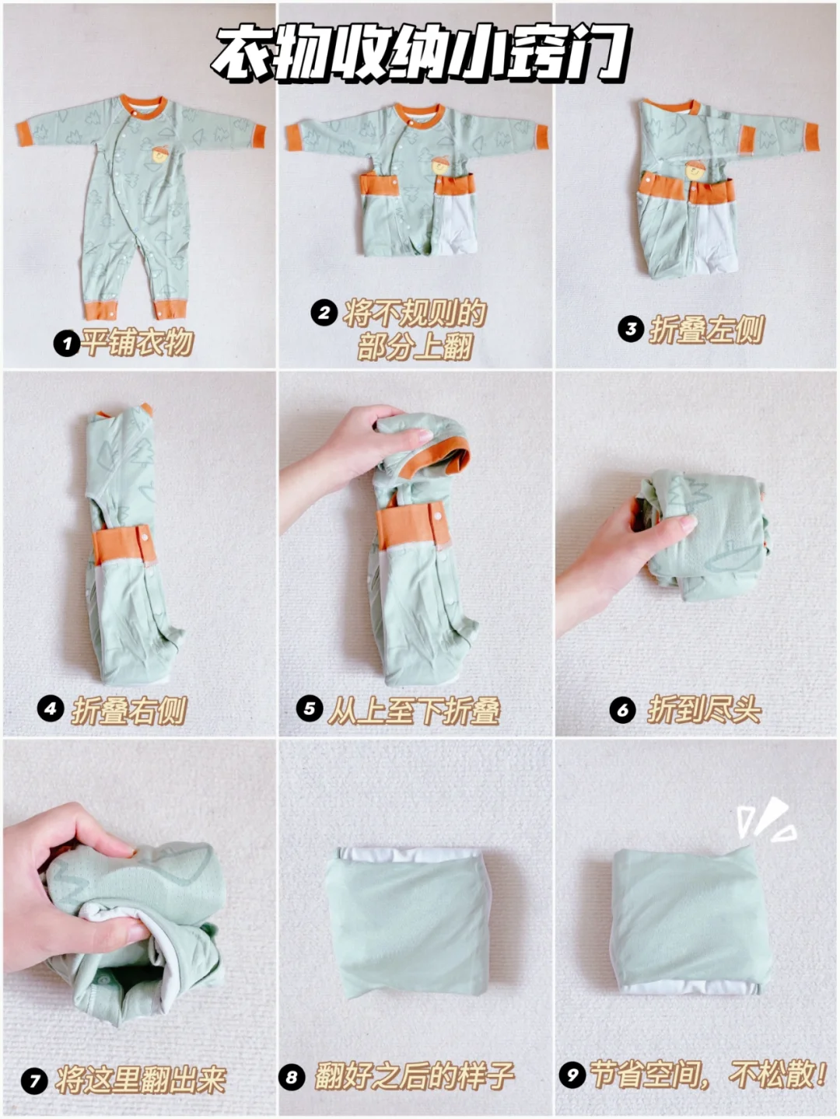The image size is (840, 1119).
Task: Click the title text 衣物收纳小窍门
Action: pos(419,54)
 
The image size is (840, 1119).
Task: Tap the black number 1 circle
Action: pos(67,343)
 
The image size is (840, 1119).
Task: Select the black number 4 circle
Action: pos(51,709)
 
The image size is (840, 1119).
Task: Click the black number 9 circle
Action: pos(573,1074)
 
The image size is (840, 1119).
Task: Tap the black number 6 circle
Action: pos(623,709)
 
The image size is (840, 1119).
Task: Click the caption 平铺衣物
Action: pos(138,343)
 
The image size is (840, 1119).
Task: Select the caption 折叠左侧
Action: pos(706,330)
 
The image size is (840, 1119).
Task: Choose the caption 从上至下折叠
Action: pos(413,710)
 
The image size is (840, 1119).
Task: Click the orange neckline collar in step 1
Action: pos(144,106)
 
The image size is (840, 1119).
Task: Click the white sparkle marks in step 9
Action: pos(767,820)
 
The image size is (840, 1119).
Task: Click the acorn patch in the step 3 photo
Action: pos(695,170)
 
